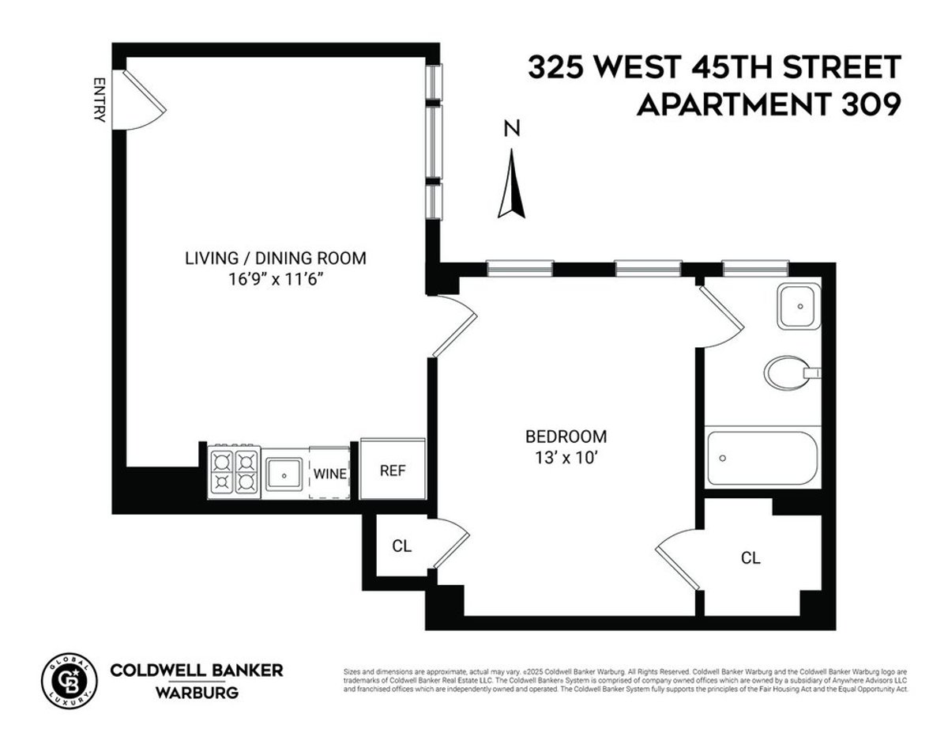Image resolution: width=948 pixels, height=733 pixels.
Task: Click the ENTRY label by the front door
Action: point(100,99)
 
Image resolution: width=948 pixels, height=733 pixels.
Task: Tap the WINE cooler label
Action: point(329,474)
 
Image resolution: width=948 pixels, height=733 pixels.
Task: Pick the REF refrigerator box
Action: point(393,470)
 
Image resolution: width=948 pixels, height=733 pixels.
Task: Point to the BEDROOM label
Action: point(566,436)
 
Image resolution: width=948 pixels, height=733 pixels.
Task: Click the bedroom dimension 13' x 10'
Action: point(566,457)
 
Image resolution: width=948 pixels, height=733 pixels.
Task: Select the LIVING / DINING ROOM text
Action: point(276,258)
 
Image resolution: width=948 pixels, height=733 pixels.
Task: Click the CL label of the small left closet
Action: point(401,546)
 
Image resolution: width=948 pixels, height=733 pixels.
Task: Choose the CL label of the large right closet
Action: point(750,558)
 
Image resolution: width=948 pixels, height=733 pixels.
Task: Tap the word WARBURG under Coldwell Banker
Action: point(196,693)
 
